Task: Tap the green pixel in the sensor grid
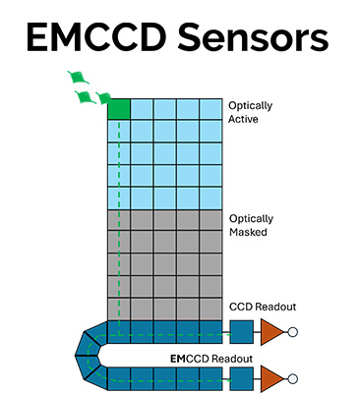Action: coord(118,108)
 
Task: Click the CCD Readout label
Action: coord(261,308)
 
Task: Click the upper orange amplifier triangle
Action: coord(270,331)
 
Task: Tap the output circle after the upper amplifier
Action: coord(291,331)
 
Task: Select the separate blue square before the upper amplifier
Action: coord(240,331)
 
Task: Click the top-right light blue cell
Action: coord(212,108)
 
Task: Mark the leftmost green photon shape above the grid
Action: coord(74,77)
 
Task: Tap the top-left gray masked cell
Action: coord(118,219)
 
